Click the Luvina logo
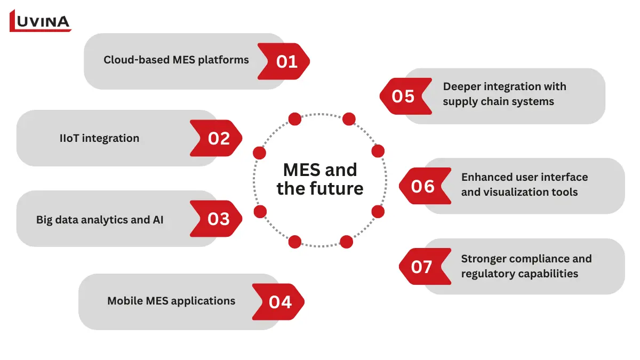41,21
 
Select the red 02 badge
217,138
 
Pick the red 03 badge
217,219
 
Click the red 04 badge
279,302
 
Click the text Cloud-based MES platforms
176,60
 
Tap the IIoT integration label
99,138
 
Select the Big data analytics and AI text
100,219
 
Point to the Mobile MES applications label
171,301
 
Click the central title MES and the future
320,179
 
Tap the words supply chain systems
498,101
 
